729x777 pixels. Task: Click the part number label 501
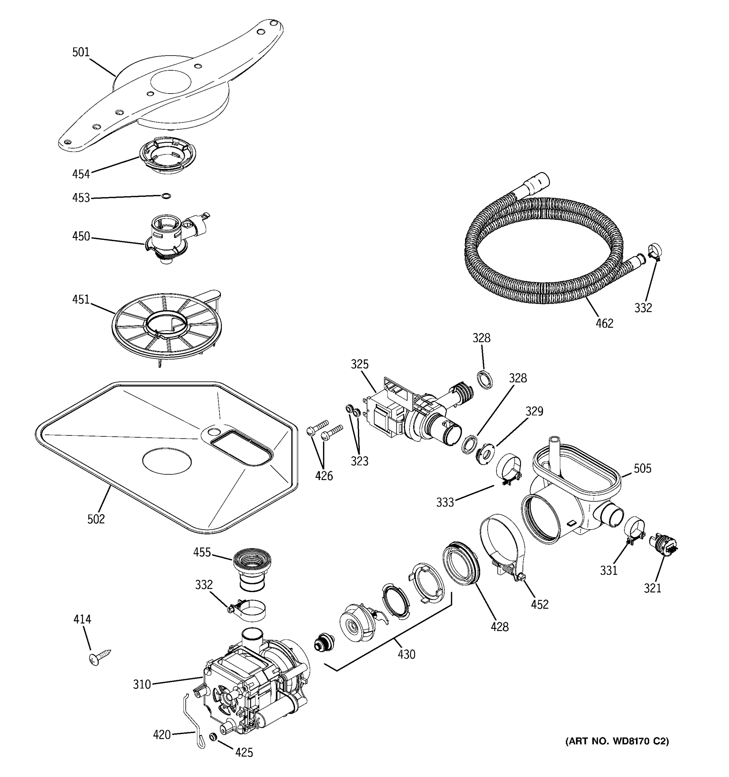81,52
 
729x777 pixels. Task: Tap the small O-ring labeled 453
166,196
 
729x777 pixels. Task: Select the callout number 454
81,174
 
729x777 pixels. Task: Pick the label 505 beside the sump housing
642,468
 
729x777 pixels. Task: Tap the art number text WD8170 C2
617,741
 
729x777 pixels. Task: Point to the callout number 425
244,752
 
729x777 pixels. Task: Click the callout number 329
534,411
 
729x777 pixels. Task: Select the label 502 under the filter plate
96,519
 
